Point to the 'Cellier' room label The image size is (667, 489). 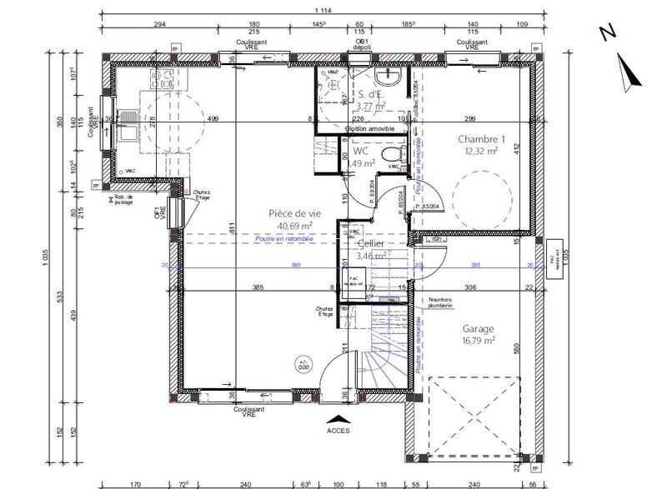tap(371, 244)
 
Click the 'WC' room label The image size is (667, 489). tap(360, 152)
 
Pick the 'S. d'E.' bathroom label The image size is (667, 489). tap(369, 94)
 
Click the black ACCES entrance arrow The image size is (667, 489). tap(338, 419)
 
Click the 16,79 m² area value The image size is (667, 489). tap(478, 341)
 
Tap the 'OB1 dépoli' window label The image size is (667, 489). tap(362, 44)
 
